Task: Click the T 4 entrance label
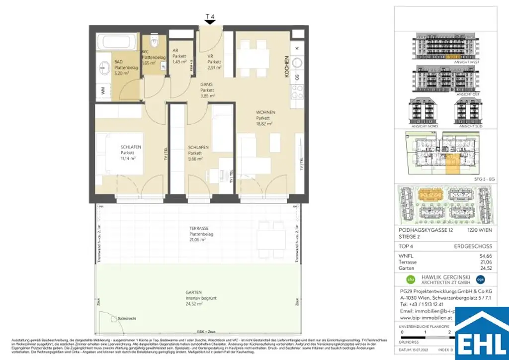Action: coord(210,16)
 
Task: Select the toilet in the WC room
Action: coord(155,42)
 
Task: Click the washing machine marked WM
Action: coord(103,90)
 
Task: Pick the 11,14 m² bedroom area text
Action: coord(128,159)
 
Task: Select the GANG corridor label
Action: coord(207,85)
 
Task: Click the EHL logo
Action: coord(482,333)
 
